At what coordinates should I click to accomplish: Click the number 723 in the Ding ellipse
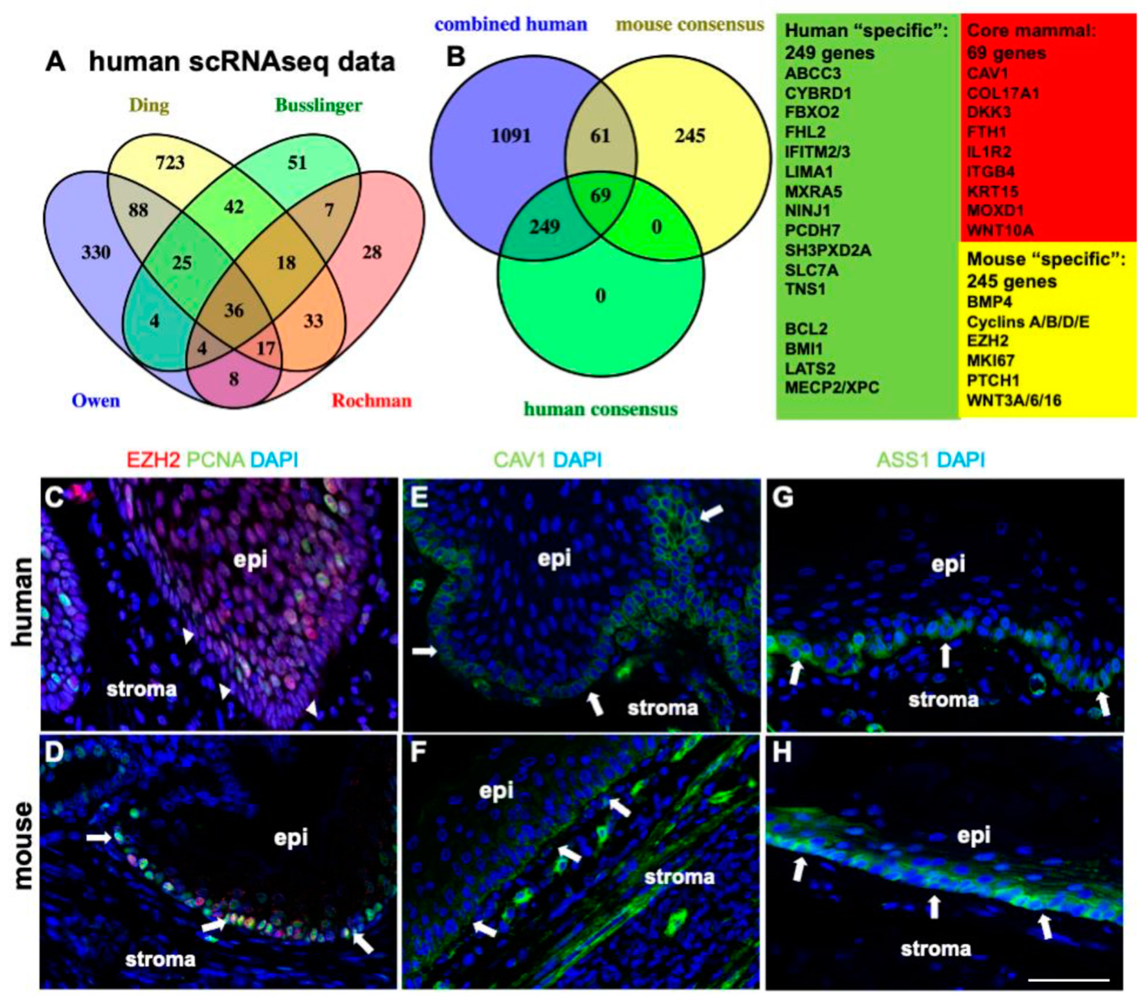[170, 162]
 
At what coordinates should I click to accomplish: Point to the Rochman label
[371, 400]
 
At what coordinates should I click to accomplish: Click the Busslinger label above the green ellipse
[318, 105]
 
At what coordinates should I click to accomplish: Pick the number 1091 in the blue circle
[510, 136]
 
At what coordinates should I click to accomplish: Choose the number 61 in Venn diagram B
[600, 136]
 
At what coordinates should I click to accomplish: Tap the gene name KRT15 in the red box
[992, 191]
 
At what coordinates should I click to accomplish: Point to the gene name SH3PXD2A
[828, 250]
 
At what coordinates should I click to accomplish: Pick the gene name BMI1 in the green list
[804, 348]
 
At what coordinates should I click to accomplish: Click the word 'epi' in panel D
[290, 838]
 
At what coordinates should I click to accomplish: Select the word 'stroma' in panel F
[679, 876]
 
